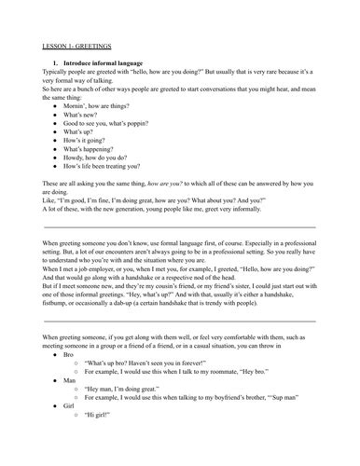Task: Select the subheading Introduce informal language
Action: tap(106, 61)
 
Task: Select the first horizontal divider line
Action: tap(179, 226)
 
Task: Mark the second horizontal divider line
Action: tap(179, 321)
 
